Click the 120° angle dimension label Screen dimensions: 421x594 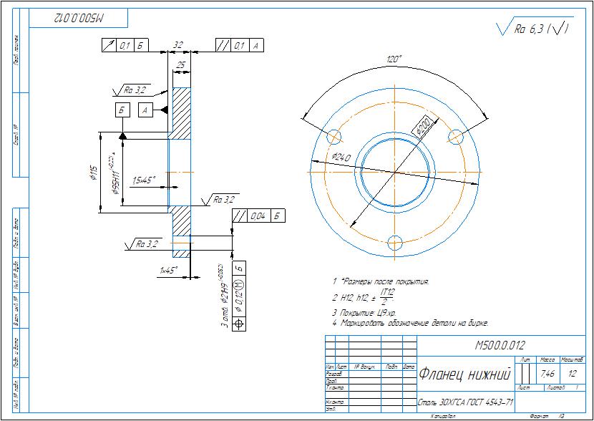click(x=393, y=60)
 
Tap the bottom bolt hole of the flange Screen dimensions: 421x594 click(x=393, y=241)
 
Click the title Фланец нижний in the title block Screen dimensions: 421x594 click(x=464, y=374)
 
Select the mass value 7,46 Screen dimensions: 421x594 click(x=547, y=374)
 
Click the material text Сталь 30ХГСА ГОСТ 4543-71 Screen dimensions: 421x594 click(x=465, y=402)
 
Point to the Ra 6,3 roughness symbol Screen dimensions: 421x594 click(x=532, y=29)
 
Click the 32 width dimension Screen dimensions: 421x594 click(x=178, y=45)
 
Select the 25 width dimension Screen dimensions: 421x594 click(x=181, y=65)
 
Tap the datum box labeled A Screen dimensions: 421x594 click(x=145, y=110)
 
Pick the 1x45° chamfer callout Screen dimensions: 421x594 click(x=169, y=271)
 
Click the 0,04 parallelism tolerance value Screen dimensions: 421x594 click(x=258, y=216)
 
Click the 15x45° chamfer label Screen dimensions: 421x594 click(x=143, y=180)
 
